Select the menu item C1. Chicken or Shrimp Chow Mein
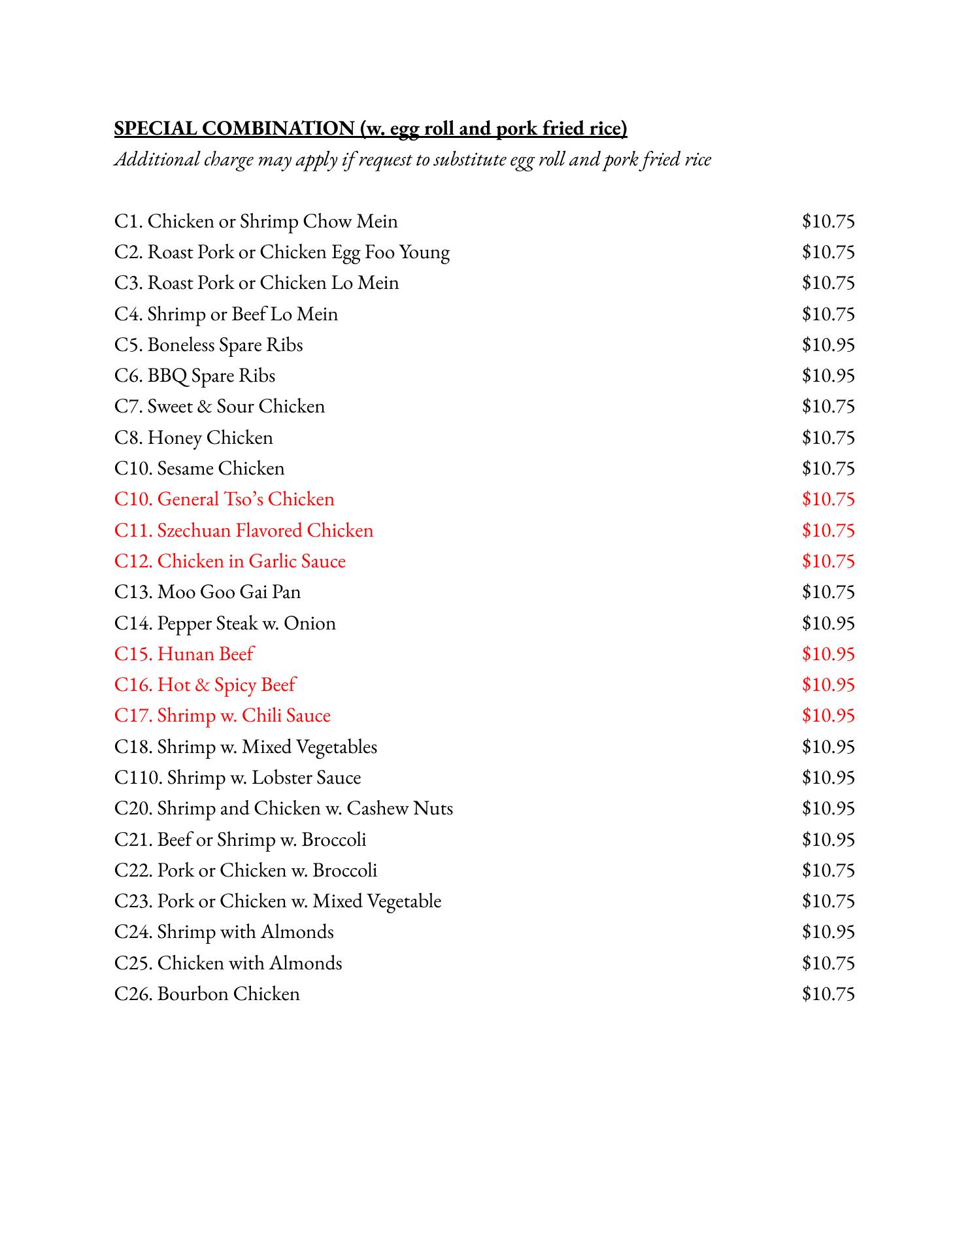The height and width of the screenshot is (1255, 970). [x=256, y=222]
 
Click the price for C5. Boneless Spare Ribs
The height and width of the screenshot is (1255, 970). [x=828, y=345]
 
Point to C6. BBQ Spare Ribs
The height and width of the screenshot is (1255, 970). [x=194, y=376]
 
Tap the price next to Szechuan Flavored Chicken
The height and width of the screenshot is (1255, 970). [x=828, y=530]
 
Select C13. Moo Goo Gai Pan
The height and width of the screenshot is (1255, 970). [x=207, y=592]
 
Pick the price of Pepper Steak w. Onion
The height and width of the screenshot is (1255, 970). [x=828, y=624]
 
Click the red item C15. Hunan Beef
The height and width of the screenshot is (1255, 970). [x=184, y=654]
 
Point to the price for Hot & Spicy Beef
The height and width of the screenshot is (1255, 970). [x=828, y=685]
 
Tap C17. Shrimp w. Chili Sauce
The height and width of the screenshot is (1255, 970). [x=222, y=716]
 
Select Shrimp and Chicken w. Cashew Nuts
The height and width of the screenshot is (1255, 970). [x=283, y=809]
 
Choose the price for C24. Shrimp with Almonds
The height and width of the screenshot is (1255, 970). [x=828, y=932]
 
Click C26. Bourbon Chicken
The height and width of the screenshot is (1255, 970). [x=207, y=994]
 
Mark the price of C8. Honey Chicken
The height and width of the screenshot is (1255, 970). [x=828, y=438]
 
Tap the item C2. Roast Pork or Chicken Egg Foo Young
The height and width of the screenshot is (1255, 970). [x=282, y=252]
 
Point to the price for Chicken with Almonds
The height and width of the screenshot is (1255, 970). [x=828, y=963]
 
